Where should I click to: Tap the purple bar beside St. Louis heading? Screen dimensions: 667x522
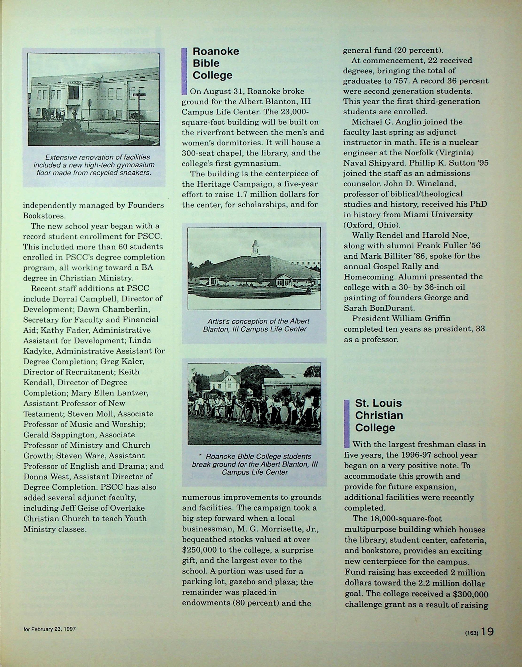[347, 423]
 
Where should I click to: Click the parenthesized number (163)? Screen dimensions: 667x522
[472, 633]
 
